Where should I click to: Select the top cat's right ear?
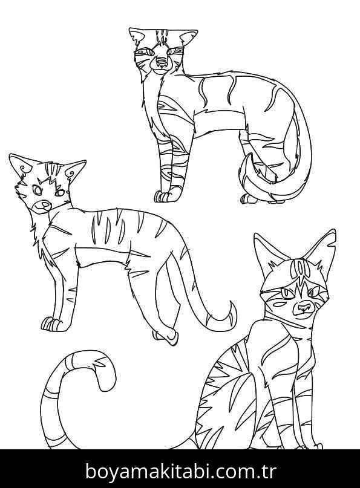click(187, 38)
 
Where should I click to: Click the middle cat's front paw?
click(51, 324)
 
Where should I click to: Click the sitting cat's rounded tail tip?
click(105, 377)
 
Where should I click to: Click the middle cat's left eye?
click(38, 190)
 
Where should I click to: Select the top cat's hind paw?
click(249, 198)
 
